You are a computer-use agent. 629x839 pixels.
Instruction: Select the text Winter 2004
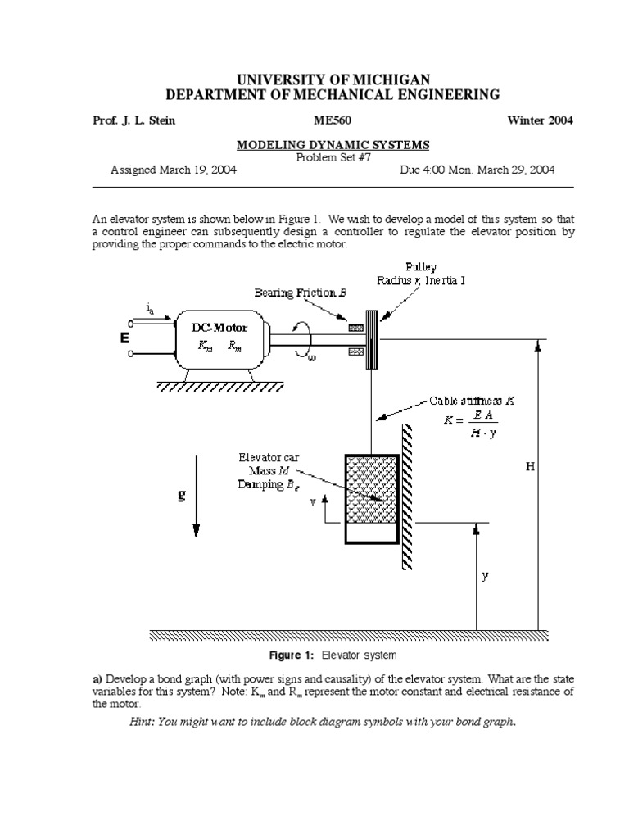(541, 120)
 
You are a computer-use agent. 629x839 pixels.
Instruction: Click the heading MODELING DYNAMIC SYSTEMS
(333, 145)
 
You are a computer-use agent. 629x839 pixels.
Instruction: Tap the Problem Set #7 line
(333, 157)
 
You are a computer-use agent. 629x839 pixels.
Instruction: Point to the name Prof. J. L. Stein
(134, 120)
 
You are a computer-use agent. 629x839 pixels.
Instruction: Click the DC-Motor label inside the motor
(219, 327)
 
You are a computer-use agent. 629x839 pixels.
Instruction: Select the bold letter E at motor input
(124, 338)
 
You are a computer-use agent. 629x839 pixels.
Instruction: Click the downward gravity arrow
(196, 508)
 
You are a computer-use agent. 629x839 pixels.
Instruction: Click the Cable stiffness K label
(473, 401)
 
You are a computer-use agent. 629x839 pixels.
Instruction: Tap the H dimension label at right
(530, 466)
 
